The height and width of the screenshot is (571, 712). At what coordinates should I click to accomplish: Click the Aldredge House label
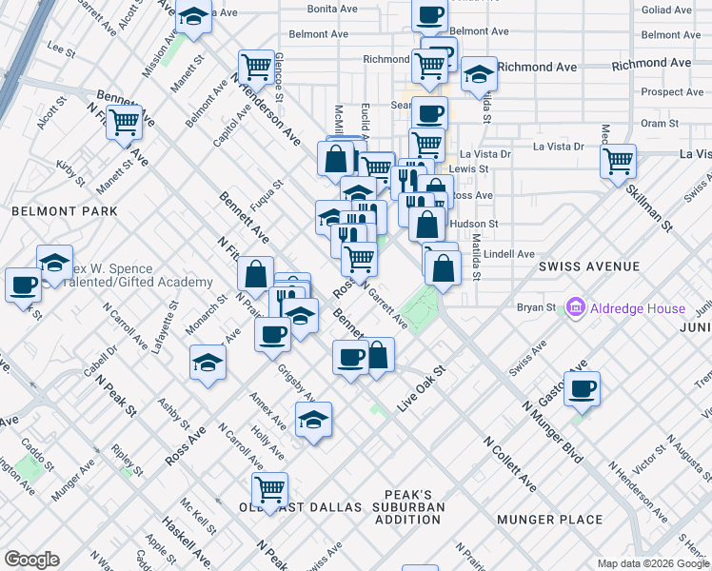(x=637, y=308)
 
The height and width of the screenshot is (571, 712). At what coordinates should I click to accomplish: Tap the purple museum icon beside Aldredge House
(x=575, y=308)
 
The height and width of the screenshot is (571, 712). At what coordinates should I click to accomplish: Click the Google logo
(x=31, y=560)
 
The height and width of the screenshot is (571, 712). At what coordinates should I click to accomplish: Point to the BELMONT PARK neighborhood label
(x=65, y=210)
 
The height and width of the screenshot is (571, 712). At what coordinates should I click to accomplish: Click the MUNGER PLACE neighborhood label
(x=550, y=520)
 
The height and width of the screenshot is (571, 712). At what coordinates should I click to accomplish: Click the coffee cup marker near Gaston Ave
(x=582, y=387)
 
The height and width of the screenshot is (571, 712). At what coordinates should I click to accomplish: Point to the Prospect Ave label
(x=672, y=92)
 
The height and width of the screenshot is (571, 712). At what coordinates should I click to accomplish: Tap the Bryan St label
(x=536, y=307)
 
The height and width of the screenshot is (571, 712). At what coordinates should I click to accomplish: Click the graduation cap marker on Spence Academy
(x=55, y=262)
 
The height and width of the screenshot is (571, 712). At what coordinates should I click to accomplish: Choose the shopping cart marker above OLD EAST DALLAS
(x=270, y=487)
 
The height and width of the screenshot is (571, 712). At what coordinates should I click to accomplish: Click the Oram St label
(x=659, y=123)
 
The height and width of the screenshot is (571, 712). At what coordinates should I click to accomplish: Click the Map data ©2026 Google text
(x=652, y=563)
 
